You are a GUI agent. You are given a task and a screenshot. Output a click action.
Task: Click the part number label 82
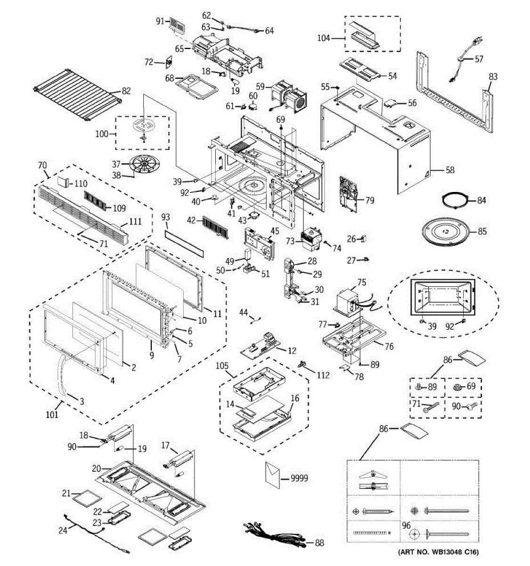126,91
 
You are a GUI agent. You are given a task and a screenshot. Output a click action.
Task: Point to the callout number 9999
299,478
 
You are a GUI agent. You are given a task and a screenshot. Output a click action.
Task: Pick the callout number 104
323,38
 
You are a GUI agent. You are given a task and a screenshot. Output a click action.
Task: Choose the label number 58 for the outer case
450,170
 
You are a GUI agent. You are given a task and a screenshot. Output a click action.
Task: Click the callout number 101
52,415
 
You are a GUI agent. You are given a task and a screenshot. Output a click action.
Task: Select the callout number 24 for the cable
63,530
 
